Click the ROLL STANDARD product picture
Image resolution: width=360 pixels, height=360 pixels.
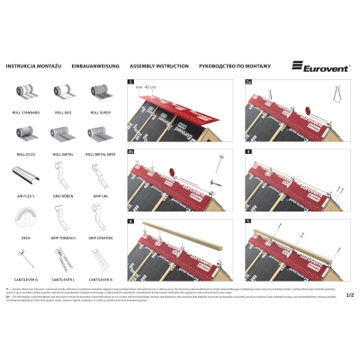25,93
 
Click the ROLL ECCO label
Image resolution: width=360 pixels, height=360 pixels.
25,154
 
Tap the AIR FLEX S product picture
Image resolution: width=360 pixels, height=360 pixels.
25,172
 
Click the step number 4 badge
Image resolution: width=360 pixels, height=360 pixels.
131,220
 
